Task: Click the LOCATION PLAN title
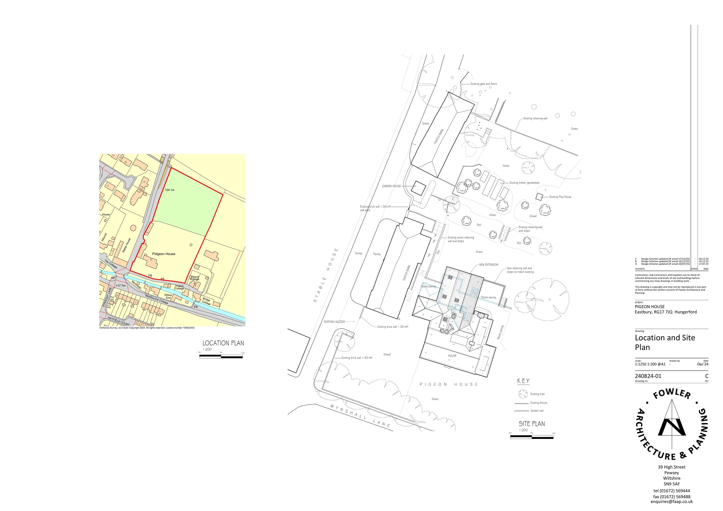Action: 223,343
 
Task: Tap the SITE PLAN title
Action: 532,424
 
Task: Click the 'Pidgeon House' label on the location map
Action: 164,254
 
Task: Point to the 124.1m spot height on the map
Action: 169,190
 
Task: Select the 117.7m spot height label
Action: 120,286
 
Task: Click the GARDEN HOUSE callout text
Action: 391,186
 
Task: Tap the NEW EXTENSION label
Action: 489,265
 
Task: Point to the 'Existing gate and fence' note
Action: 484,84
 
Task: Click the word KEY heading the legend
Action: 523,381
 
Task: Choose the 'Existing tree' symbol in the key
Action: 523,394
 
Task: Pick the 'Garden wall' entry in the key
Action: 537,410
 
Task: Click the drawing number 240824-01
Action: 648,376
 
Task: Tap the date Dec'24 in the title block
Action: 703,364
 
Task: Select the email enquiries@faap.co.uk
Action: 671,502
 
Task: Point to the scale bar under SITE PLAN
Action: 532,437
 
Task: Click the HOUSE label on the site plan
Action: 452,356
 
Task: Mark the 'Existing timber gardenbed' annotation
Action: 524,183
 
